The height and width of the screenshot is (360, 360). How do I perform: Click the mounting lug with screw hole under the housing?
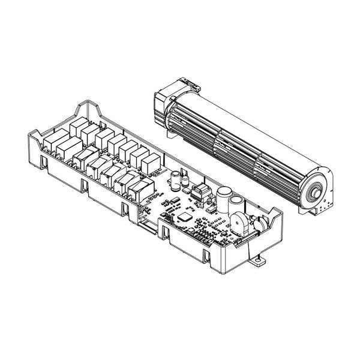coord(259,262)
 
